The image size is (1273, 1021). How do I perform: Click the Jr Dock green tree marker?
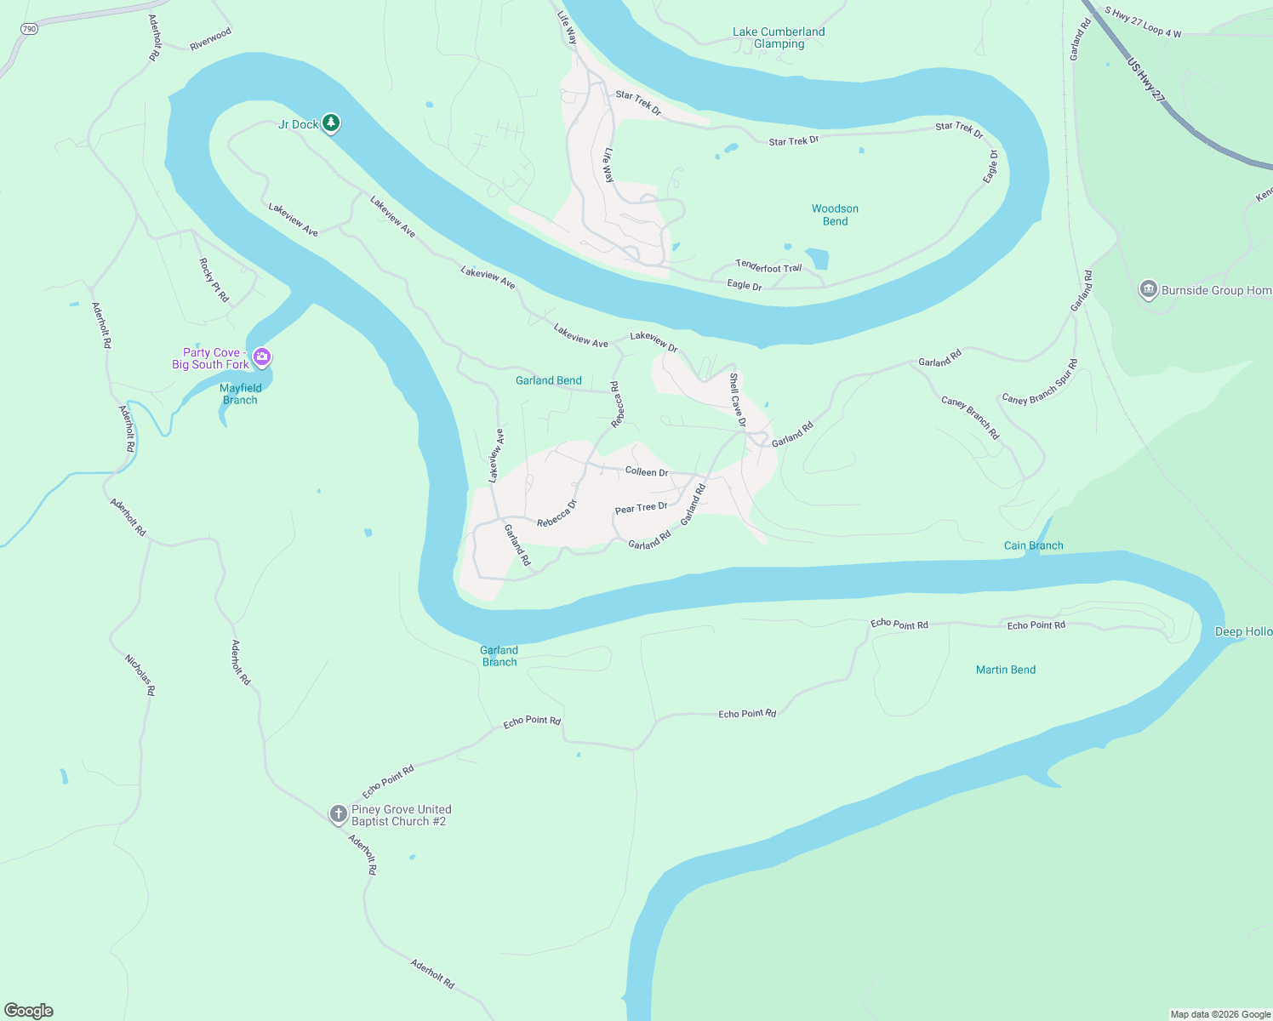click(x=331, y=123)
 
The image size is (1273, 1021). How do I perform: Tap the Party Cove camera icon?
click(x=262, y=357)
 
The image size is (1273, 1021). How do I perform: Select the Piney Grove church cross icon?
click(x=339, y=814)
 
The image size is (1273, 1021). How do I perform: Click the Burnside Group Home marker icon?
click(x=1149, y=289)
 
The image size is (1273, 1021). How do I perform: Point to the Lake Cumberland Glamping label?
click(x=779, y=37)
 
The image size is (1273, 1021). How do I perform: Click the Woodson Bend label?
click(x=835, y=214)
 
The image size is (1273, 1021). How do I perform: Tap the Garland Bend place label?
click(x=549, y=380)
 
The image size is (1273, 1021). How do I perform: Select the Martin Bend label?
click(x=1006, y=670)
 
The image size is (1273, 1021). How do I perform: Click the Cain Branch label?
click(x=1033, y=545)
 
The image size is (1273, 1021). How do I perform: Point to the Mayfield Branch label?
click(x=240, y=394)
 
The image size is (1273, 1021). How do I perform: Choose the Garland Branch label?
click(x=499, y=656)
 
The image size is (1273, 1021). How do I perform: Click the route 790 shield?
click(x=30, y=29)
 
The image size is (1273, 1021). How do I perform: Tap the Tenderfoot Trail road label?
click(x=769, y=267)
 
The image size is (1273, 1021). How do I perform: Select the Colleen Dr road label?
click(x=647, y=471)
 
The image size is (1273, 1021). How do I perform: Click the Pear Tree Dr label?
click(x=641, y=508)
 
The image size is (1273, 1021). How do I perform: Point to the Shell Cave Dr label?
click(x=737, y=400)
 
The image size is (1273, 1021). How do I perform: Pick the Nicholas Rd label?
click(x=140, y=676)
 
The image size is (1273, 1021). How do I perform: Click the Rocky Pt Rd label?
click(x=214, y=280)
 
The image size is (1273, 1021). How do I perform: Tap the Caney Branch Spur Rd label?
click(x=1040, y=382)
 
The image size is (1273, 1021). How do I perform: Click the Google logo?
click(x=29, y=1011)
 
